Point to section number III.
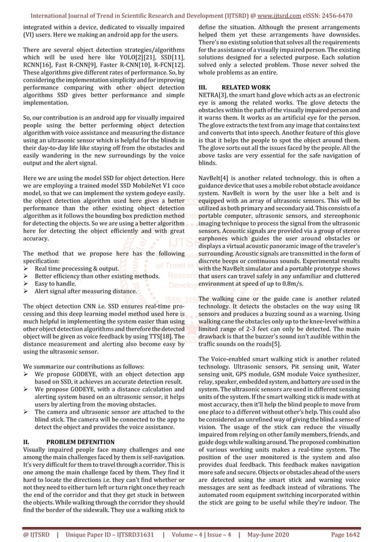204,88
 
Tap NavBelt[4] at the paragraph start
215,178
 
